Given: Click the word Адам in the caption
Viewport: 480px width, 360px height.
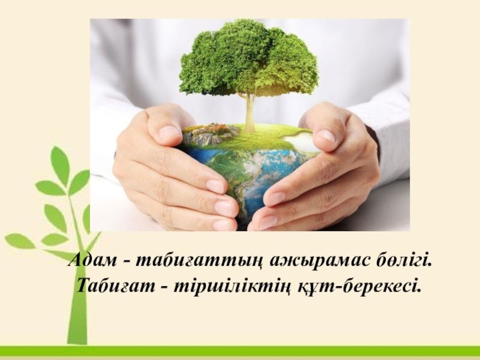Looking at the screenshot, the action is (x=92, y=260).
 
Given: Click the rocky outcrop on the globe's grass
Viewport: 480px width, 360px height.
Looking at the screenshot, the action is (x=211, y=133).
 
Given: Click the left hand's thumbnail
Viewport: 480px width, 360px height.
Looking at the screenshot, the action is (x=170, y=132).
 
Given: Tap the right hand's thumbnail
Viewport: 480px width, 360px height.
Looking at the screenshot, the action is (x=326, y=136).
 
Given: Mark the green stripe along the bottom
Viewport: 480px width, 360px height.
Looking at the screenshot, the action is (x=240, y=351).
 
